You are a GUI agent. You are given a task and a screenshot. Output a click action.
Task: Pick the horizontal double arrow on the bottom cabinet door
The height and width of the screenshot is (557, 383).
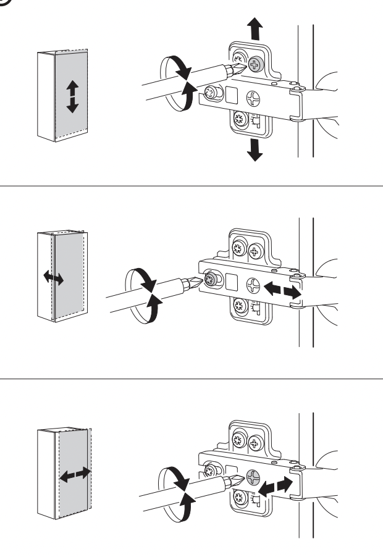[75, 476]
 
